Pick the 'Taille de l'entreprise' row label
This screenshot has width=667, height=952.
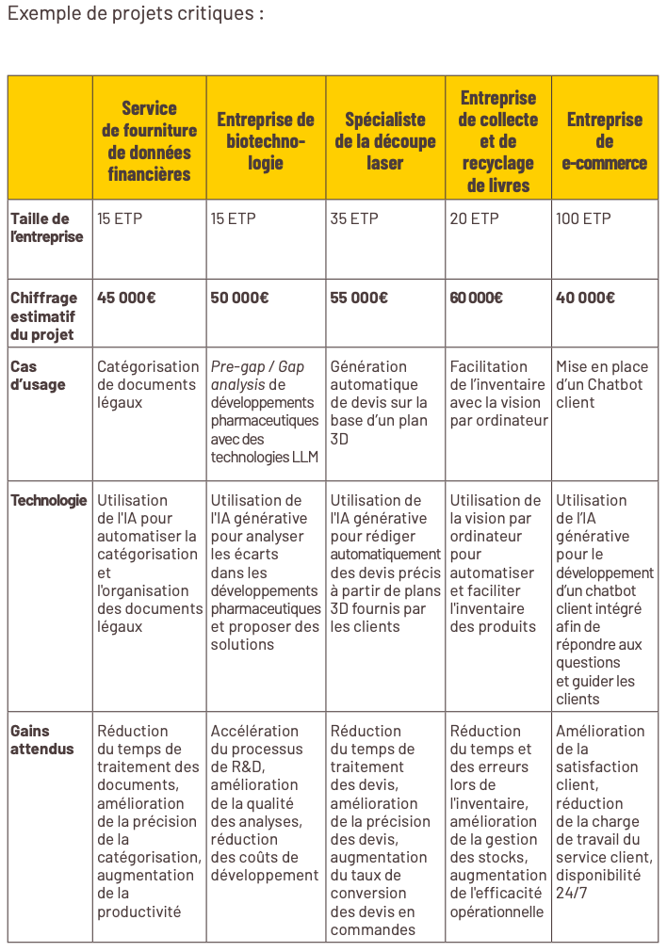point(47,228)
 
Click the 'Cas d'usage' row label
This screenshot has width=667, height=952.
point(39,376)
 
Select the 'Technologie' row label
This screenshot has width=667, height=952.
point(49,500)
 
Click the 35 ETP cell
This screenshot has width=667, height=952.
point(354,218)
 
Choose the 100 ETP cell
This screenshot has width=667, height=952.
point(583,218)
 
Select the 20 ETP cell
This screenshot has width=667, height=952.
point(473,218)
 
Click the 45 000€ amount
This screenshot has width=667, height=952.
point(127,298)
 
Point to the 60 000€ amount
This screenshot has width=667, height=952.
point(476,298)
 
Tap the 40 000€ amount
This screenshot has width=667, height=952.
point(585,298)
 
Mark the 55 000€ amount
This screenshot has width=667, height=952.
point(359,298)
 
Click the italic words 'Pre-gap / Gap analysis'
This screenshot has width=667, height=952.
point(256,375)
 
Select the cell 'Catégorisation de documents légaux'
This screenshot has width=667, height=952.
point(148,384)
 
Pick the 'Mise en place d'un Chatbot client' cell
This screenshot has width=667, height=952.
point(601,384)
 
